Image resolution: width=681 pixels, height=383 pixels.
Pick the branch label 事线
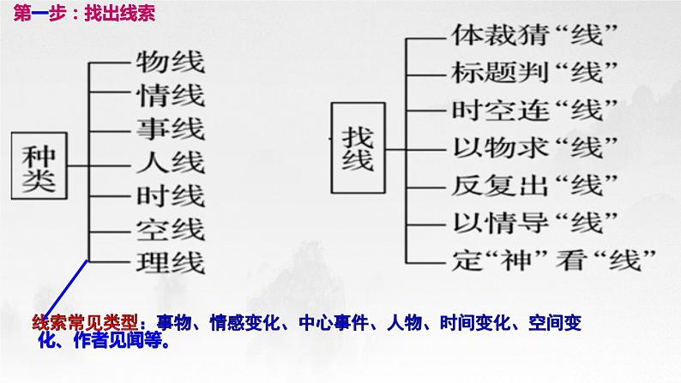click(x=171, y=129)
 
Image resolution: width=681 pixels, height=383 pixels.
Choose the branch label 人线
click(x=171, y=162)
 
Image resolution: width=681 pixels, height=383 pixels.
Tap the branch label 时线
click(x=171, y=195)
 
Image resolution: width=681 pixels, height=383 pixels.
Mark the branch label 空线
click(x=171, y=229)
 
